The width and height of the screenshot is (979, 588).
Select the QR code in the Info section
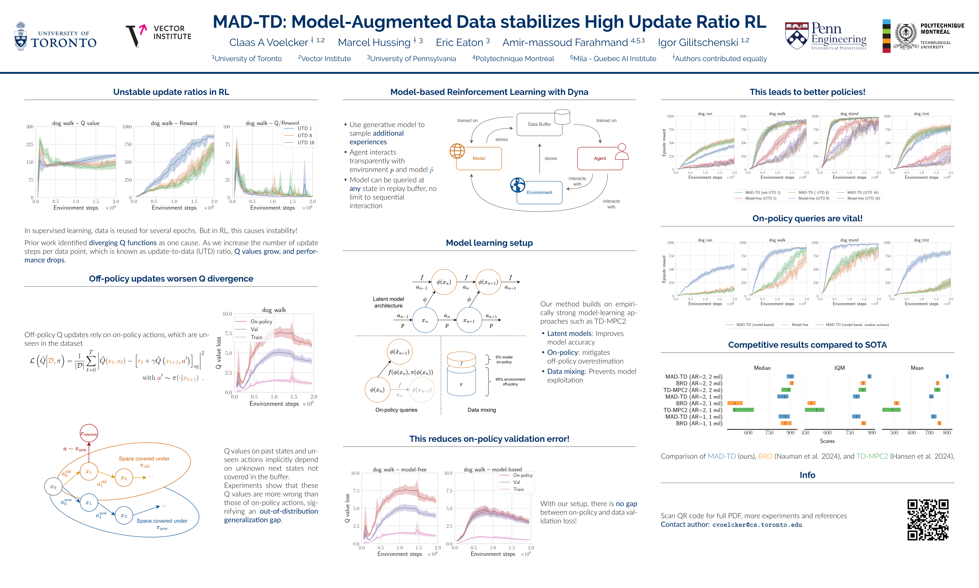928,519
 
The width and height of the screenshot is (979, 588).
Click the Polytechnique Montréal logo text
942,29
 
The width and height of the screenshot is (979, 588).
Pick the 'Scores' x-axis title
827,441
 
